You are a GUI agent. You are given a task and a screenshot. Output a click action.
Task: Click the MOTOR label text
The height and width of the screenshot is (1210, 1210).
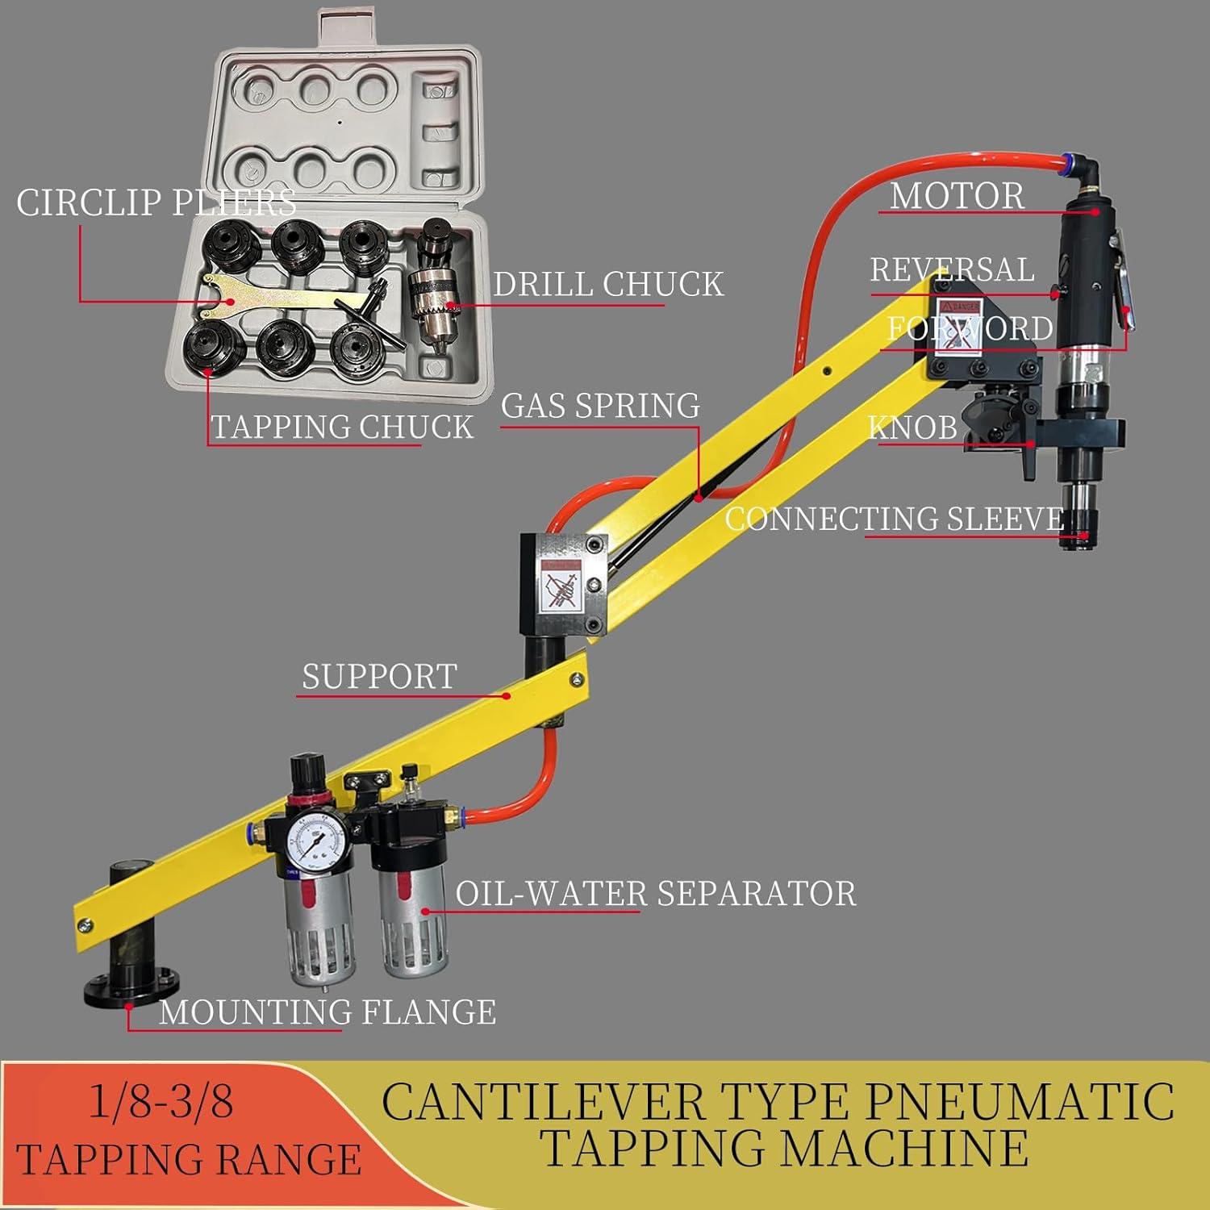point(957,196)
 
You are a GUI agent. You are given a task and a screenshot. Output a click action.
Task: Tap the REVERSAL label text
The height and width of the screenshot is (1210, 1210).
point(952,269)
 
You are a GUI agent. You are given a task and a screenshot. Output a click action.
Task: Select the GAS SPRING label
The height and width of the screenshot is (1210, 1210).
point(600,405)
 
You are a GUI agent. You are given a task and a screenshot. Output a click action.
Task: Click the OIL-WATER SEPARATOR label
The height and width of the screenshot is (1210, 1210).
point(656,893)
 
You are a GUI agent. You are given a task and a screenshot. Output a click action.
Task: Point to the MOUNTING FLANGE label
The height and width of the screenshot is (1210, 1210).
point(328,1012)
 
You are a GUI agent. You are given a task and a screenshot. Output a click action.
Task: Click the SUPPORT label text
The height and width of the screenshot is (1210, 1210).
point(379,676)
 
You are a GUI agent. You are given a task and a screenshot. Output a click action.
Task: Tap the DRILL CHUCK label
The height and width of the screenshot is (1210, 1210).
point(608,284)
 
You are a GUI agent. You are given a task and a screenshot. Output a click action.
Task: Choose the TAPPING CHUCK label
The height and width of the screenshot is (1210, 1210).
point(342,427)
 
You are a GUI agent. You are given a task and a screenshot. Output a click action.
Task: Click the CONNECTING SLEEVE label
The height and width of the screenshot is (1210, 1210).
point(895,518)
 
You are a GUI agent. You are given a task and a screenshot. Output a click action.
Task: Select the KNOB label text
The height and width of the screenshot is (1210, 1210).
point(912,428)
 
